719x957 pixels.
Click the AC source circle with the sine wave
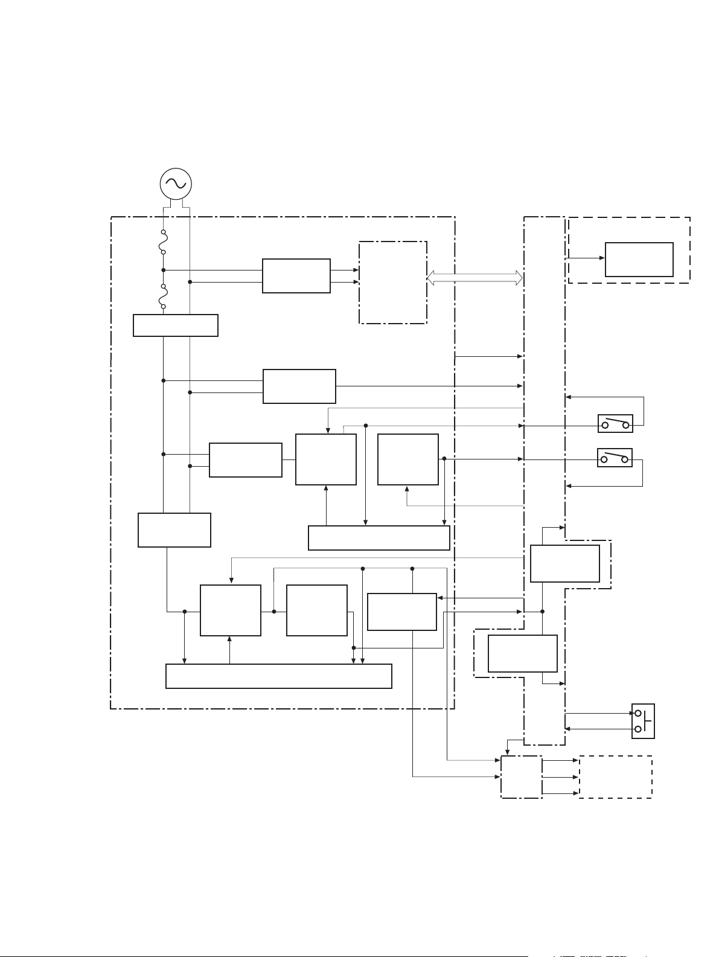[176, 184]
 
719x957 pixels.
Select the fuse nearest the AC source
[163, 242]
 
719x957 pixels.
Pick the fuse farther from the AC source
[163, 296]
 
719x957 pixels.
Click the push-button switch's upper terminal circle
[638, 713]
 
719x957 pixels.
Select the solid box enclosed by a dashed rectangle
[639, 260]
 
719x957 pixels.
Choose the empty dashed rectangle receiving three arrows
[615, 777]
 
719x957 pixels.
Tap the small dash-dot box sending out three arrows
[522, 777]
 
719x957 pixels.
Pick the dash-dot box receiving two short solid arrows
[393, 283]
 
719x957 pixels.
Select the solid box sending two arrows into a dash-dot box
[296, 276]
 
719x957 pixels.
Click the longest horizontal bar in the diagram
[278, 676]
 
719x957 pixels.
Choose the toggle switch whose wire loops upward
[615, 424]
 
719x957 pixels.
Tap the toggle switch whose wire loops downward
[615, 458]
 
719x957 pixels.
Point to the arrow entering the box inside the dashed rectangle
[601, 258]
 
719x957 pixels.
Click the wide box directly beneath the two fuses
[176, 325]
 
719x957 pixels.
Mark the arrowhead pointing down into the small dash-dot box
[508, 753]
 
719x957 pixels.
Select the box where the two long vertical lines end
[174, 530]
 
